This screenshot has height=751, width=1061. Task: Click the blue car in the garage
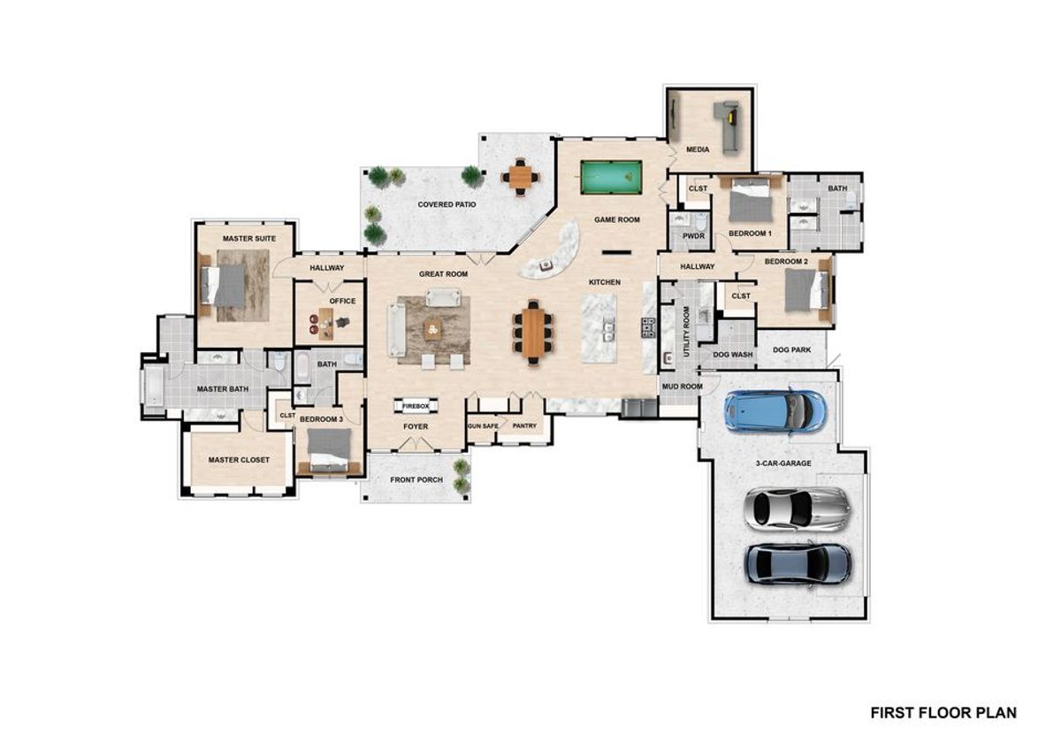[x=775, y=409]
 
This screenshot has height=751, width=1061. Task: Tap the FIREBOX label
[x=416, y=405]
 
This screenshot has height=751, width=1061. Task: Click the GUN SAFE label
[x=482, y=425]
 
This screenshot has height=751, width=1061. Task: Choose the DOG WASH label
[x=732, y=354]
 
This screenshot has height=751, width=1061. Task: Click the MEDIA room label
[x=698, y=150]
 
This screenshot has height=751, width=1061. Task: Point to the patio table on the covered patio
[x=521, y=177]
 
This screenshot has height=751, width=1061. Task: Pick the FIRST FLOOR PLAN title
[x=943, y=712]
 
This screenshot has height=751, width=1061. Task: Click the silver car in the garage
[x=797, y=508]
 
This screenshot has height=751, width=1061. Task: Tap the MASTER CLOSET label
[x=239, y=460]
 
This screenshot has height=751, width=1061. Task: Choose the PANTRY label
[x=524, y=425]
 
